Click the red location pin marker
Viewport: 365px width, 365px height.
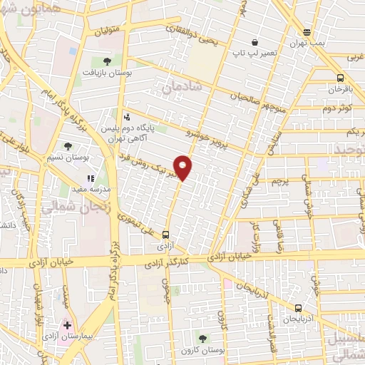[183, 168]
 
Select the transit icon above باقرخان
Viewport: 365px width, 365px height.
[340, 79]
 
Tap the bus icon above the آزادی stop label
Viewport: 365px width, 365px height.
[166, 234]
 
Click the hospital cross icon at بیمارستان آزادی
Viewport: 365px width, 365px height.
[67, 325]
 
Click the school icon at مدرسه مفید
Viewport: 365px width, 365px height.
[91, 179]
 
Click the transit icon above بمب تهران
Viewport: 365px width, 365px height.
[307, 32]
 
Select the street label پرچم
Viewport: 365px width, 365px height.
[279, 181]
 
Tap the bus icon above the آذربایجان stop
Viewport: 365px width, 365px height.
[298, 308]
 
